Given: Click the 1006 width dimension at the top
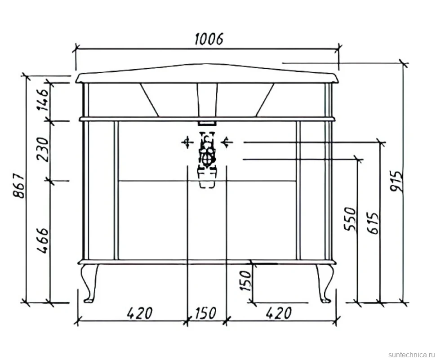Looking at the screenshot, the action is [x=209, y=39].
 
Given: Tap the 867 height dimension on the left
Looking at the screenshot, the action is [x=20, y=186].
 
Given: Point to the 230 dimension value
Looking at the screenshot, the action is [x=43, y=149].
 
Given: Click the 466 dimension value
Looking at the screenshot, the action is [x=43, y=241].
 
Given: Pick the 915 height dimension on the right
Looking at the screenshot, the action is [x=396, y=181].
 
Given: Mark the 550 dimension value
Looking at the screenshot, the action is [x=350, y=219].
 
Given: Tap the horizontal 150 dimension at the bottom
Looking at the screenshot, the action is [x=205, y=313].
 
